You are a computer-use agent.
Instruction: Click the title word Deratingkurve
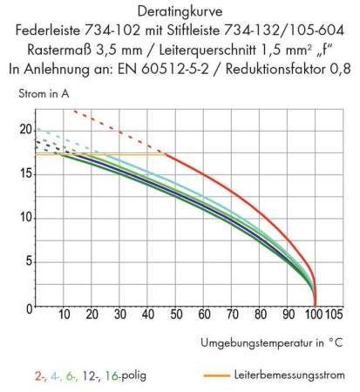click(x=179, y=11)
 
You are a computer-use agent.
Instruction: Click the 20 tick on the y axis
click(x=24, y=130)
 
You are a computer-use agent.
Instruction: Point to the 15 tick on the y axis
click(x=24, y=173)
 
